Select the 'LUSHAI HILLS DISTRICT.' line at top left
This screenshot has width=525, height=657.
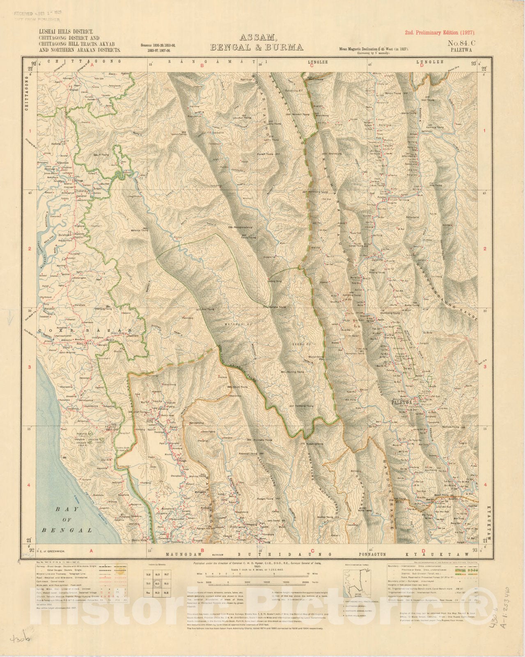pyautogui.click(x=66, y=31)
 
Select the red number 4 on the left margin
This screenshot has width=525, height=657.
pyautogui.click(x=30, y=485)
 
